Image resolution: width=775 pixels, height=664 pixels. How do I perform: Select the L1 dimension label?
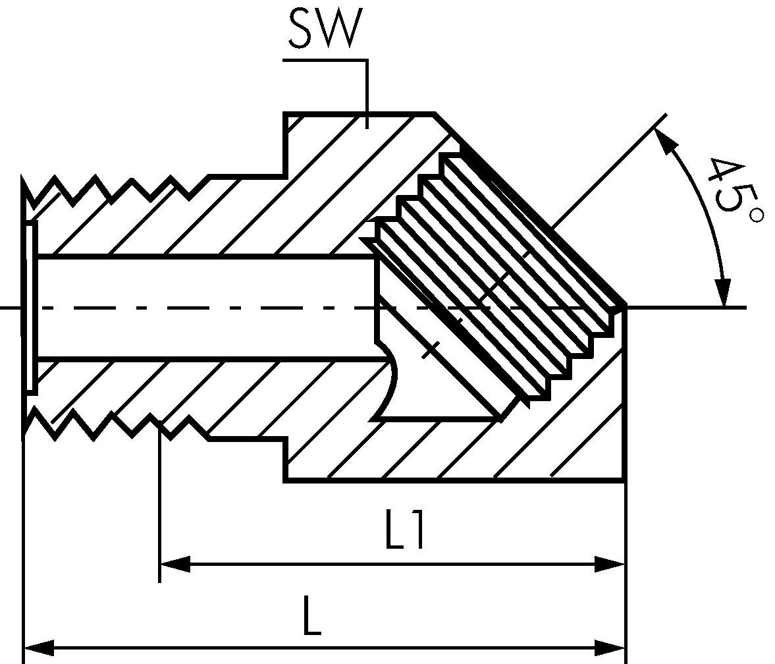[404, 531]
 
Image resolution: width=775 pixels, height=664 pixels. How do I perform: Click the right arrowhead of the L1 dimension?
[610, 565]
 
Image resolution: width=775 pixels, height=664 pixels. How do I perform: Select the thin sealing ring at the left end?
[30, 307]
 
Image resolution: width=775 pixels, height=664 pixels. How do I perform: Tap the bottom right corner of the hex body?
[623, 481]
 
